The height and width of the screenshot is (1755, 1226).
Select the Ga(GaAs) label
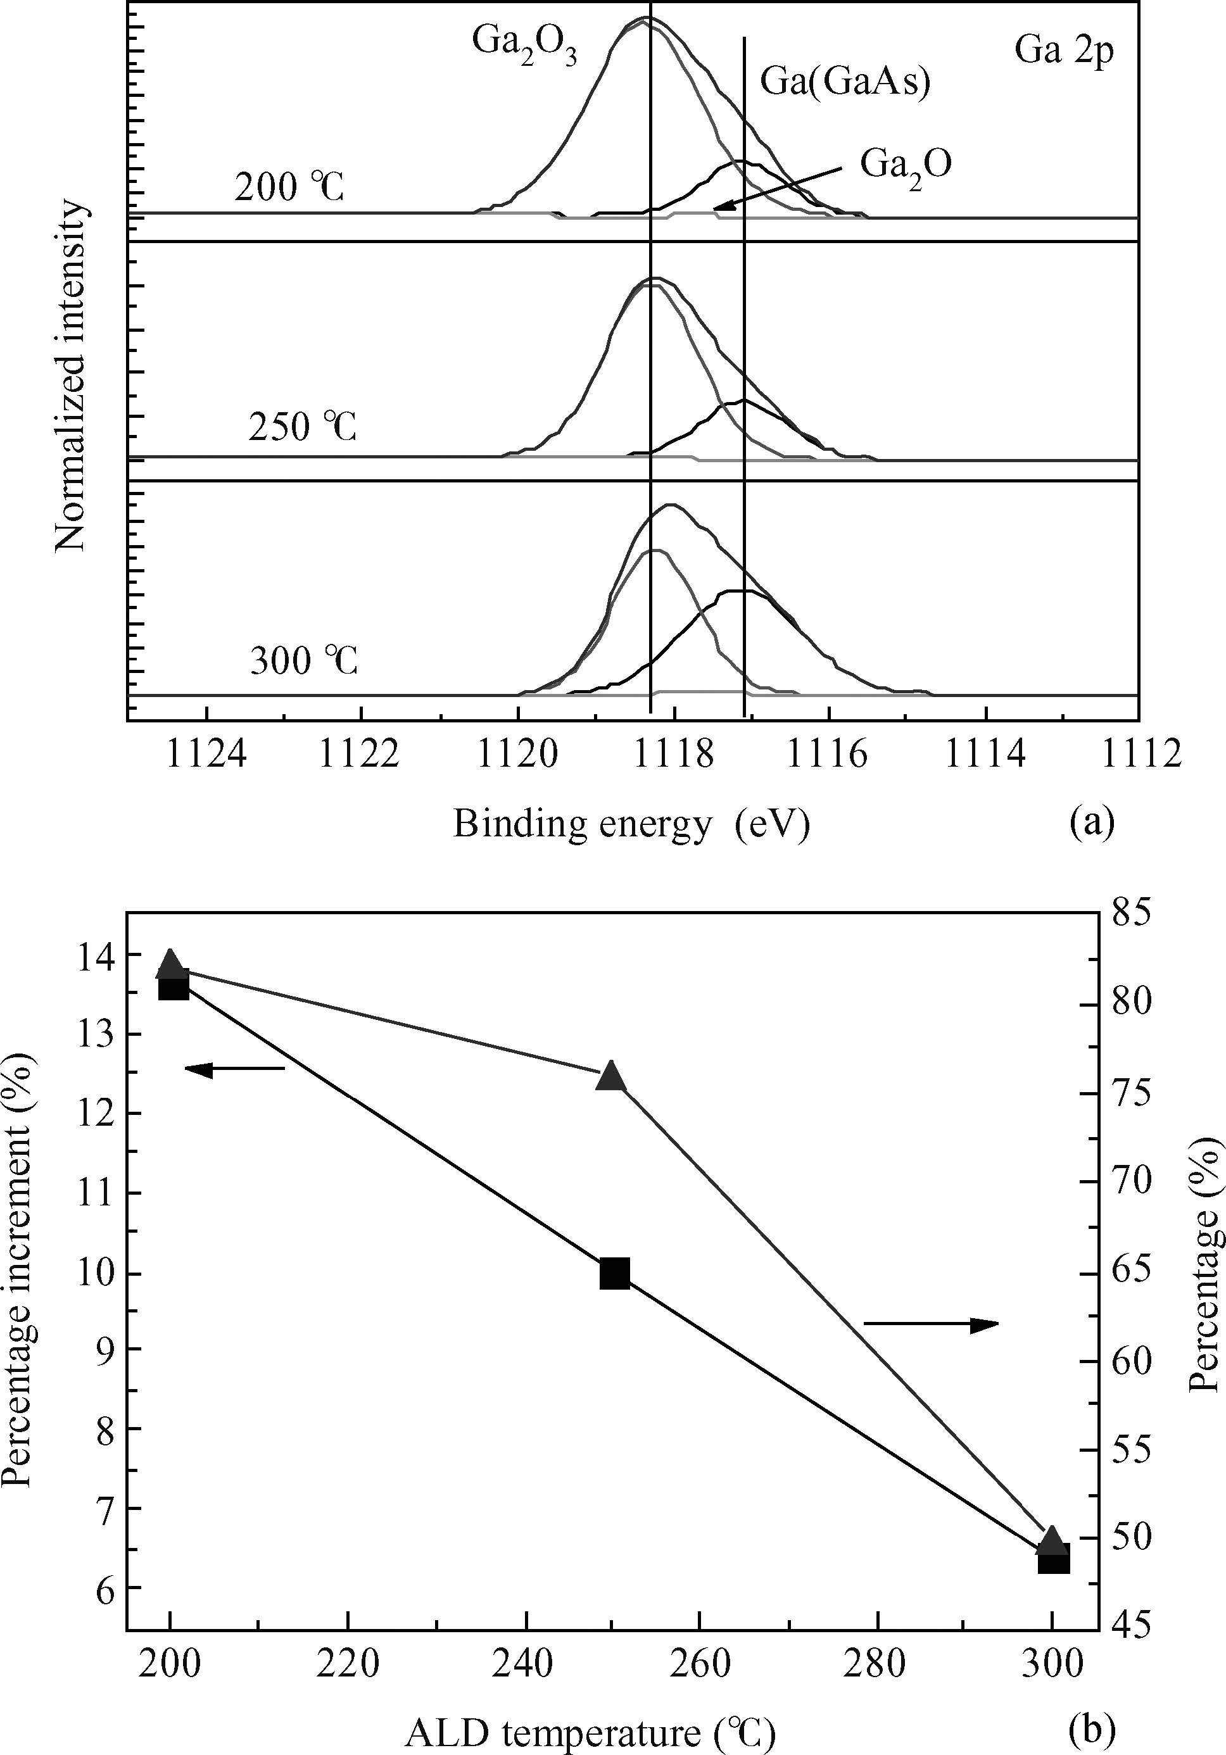pyautogui.click(x=845, y=80)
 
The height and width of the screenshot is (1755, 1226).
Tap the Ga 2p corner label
pyautogui.click(x=1064, y=51)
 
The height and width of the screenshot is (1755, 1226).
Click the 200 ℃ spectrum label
pyautogui.click(x=289, y=187)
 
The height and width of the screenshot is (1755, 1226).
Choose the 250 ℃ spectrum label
pyautogui.click(x=303, y=427)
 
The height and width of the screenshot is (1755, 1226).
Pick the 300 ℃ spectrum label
pyautogui.click(x=304, y=661)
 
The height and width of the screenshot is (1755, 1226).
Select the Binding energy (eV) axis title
pyautogui.click(x=631, y=825)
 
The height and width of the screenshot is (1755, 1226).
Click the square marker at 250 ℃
pyautogui.click(x=614, y=1274)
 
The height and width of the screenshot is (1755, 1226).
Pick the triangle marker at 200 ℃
pyautogui.click(x=170, y=965)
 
